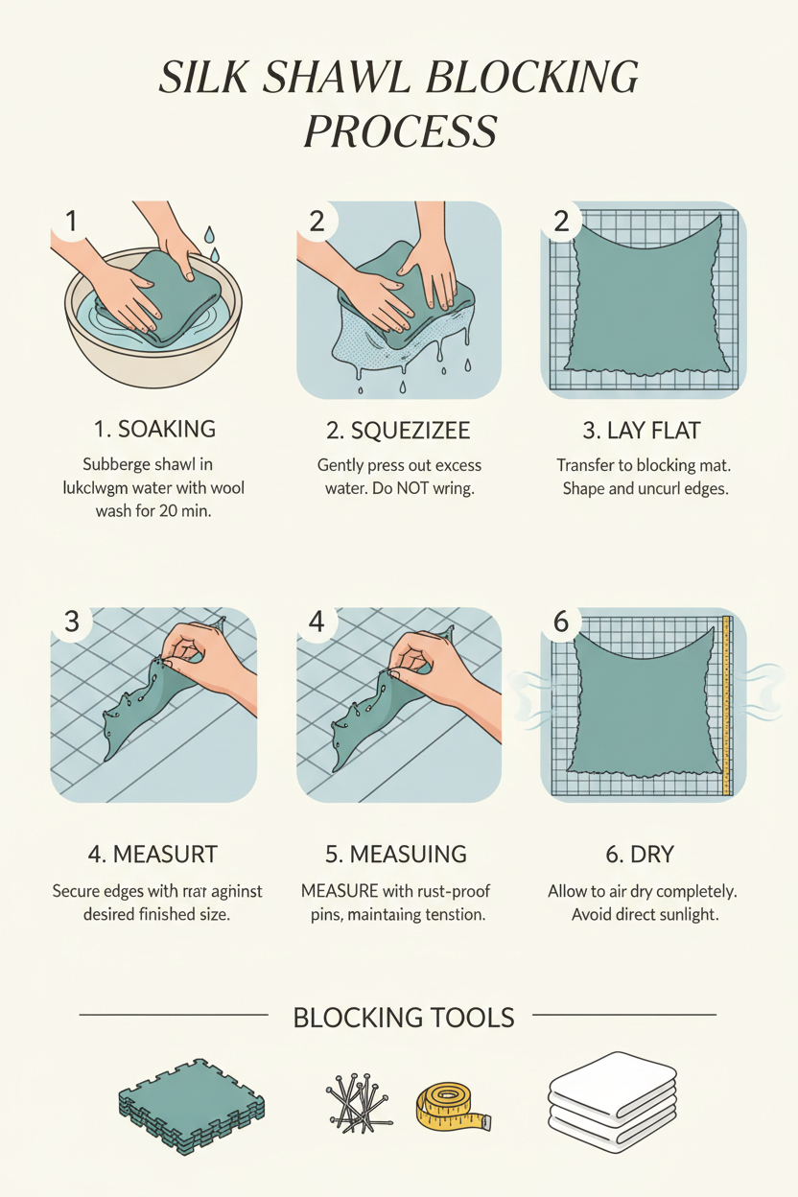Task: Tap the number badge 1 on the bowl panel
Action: [70, 222]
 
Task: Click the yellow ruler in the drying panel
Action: [726, 705]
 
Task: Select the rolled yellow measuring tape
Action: [452, 1104]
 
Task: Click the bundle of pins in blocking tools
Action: [361, 1100]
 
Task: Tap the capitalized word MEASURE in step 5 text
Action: [340, 891]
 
